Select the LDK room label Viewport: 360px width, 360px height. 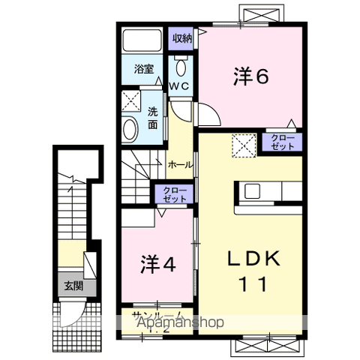[x=255, y=259]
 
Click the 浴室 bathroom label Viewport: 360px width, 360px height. [x=144, y=68]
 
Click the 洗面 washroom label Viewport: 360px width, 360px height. [x=152, y=116]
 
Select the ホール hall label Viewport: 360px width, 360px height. [x=179, y=164]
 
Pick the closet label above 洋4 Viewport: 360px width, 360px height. [x=171, y=195]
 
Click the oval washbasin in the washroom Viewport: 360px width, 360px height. [x=130, y=129]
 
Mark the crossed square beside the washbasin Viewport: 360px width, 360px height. [x=133, y=100]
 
